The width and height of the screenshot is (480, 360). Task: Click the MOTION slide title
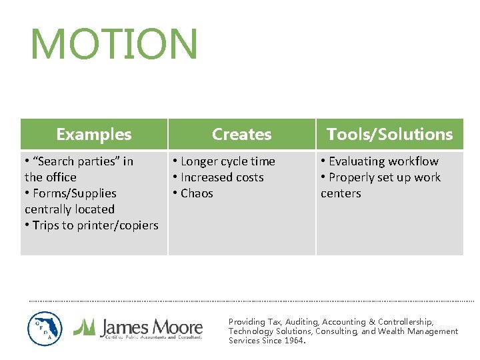113,44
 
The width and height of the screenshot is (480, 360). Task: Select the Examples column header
94,134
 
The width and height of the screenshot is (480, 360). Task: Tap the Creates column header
241,134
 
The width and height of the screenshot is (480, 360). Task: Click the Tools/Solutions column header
389,134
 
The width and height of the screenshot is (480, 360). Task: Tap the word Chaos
197,193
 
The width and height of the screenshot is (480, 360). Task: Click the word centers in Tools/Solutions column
341,193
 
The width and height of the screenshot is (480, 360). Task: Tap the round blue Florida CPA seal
45,329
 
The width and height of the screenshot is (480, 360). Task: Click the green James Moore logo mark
84,327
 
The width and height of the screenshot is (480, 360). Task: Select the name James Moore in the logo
151,327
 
